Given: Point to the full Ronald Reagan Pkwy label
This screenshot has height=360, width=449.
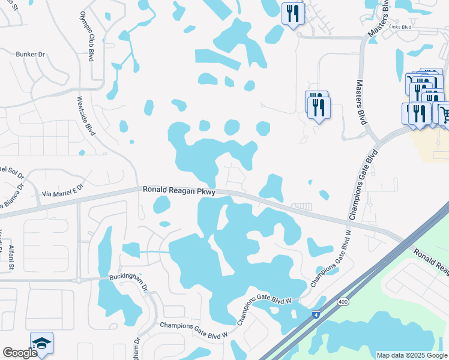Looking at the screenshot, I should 179,190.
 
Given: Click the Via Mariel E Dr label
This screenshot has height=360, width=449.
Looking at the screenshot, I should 64,194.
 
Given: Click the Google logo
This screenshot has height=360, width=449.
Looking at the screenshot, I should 20,353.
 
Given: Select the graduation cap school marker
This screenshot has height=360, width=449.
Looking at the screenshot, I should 41,343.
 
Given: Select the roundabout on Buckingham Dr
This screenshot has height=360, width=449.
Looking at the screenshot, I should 79,280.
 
